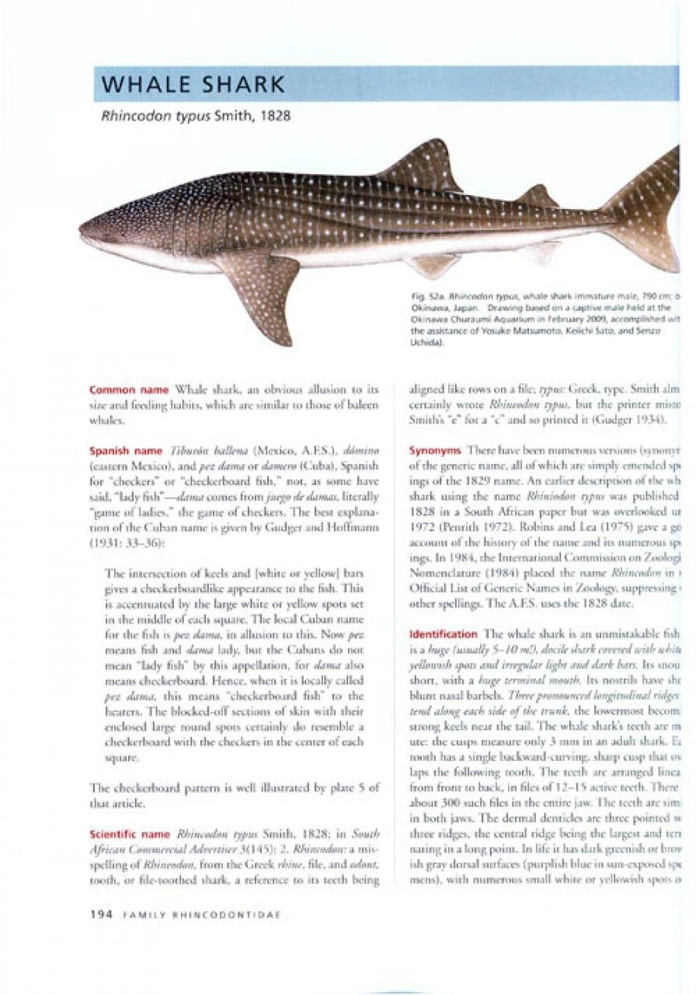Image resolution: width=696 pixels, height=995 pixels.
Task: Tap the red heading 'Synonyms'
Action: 436,450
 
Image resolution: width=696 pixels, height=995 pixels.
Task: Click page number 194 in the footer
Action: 103,916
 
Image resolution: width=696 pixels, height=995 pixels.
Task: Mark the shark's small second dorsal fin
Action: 541,196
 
